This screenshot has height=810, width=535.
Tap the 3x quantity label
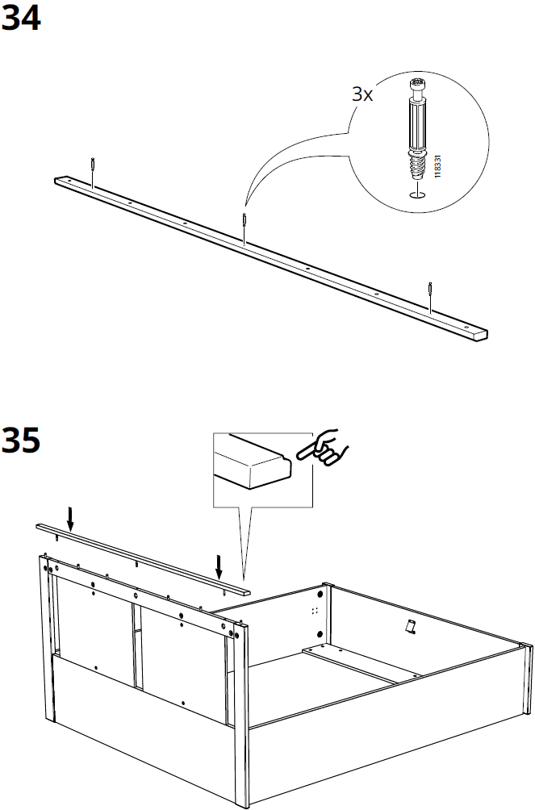click(362, 95)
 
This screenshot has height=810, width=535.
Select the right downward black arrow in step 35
click(218, 566)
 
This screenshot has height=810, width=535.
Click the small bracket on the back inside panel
click(409, 626)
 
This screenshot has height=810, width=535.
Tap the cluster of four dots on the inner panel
click(315, 612)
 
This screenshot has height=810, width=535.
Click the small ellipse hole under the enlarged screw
click(416, 194)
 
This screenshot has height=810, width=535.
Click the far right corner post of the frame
click(525, 694)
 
